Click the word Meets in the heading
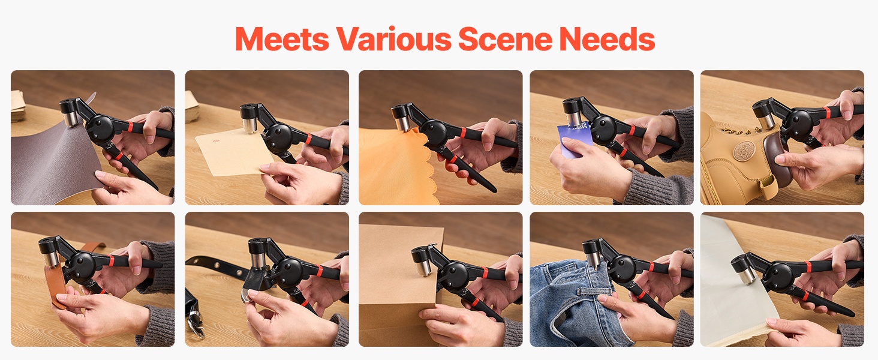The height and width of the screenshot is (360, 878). pyautogui.click(x=282, y=39)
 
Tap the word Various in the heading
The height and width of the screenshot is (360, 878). pyautogui.click(x=393, y=39)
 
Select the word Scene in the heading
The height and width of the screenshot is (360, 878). pyautogui.click(x=505, y=39)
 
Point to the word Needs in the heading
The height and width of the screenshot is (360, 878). pyautogui.click(x=607, y=39)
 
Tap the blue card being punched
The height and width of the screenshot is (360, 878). pyautogui.click(x=573, y=139)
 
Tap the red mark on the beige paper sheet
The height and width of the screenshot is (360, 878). pyautogui.click(x=215, y=140)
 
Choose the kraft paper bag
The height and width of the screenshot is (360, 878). pyautogui.click(x=400, y=286)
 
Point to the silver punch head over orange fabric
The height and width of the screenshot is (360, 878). pyautogui.click(x=402, y=122)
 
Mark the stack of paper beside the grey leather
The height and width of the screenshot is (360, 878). pyautogui.click(x=17, y=105)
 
